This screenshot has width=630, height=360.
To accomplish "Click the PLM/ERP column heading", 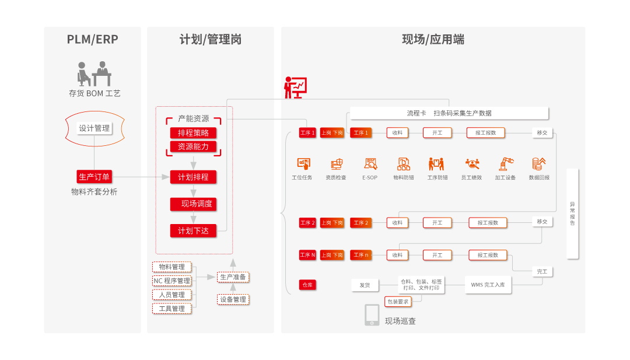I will coord(92,40).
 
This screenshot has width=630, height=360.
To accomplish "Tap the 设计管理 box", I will coord(94,128).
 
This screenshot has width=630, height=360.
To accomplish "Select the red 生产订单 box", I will coord(94,177).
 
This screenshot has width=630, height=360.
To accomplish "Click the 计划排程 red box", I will coord(193,177).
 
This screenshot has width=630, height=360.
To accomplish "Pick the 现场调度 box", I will coord(193,204).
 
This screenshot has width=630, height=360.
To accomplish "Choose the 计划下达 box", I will coord(193,231).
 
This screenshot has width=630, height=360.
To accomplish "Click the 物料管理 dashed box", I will coord(172,267).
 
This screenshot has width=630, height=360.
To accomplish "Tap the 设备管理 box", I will coord(233,299).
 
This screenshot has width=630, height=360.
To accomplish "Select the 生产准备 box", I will coord(233,277).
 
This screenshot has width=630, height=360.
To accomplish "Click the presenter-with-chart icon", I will coord(295,88).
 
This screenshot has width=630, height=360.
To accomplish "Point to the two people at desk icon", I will coord(94,74).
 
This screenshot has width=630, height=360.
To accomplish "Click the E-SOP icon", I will coord(370,165).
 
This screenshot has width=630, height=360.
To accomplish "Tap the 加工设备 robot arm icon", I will coord(505,165).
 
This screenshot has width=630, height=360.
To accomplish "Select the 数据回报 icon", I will coord(538,165).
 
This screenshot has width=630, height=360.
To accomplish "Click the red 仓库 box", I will coord(307,285).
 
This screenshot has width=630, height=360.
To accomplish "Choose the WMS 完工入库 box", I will coord(488,285).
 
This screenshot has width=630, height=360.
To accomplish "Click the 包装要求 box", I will coord(398,302).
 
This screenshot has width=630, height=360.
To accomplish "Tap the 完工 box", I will coord(542,272).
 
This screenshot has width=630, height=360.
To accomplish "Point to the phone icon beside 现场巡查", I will coord(372,315).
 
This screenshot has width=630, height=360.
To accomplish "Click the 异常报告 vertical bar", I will coord(572,214).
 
